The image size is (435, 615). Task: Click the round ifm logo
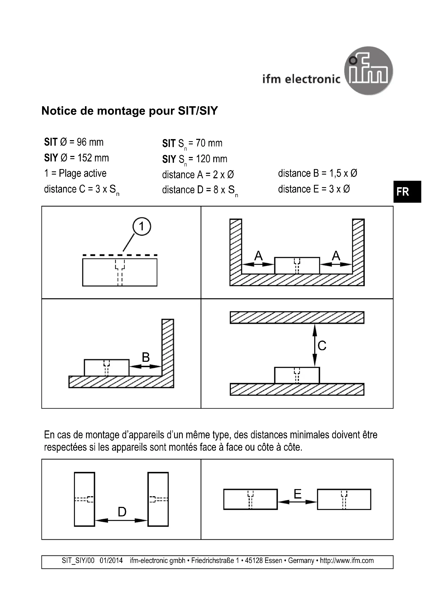[368, 71]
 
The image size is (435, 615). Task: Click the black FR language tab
[407, 191]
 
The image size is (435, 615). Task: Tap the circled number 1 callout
[142, 226]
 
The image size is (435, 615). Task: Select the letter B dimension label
[146, 357]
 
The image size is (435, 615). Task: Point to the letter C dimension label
[322, 345]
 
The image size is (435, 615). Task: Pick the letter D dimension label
[122, 512]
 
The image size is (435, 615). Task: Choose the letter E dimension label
[298, 494]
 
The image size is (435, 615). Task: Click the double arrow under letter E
[297, 502]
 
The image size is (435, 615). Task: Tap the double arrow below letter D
[121, 520]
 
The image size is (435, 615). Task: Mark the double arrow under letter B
[145, 366]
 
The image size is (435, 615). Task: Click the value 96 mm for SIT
[90, 142]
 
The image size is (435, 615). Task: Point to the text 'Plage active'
[83, 173]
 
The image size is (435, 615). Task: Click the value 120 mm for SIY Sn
[211, 159]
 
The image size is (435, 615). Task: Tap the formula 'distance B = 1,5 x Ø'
[317, 173]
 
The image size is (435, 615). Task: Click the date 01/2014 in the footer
[111, 561]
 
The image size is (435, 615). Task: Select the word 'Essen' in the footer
[275, 561]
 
